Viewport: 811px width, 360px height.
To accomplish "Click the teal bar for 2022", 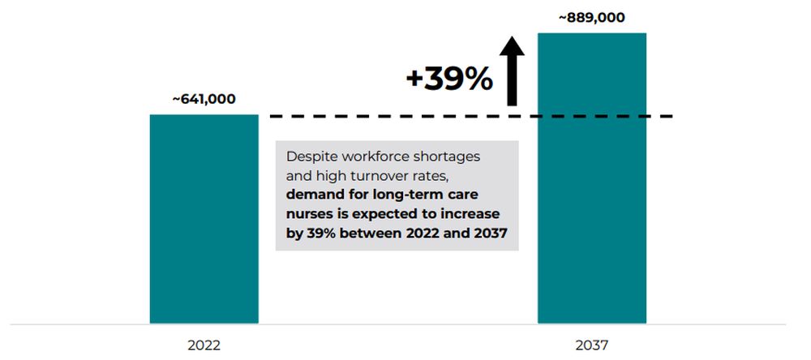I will pos(204,219).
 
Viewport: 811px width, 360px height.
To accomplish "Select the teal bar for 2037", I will pos(592,178).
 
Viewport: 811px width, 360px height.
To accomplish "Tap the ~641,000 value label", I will pos(204,100).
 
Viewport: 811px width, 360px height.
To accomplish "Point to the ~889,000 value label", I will pos(592,18).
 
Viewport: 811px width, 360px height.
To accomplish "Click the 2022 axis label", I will pos(204,345).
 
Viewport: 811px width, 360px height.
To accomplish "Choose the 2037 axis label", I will pos(592,345).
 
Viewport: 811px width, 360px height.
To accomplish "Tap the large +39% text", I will pos(449,79).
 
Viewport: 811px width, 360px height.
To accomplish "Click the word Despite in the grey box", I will pos(311,156).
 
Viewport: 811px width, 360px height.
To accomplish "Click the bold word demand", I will pos(315,195).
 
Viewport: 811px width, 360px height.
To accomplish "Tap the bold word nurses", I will pos(311,213).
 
